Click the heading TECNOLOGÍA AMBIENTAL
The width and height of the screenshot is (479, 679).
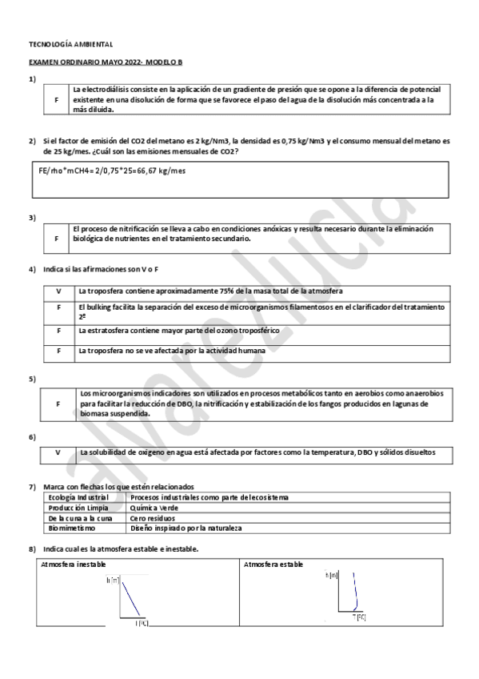pos(70,44)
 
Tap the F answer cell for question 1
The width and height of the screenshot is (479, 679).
pos(56,99)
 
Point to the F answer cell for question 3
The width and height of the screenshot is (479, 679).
pos(56,238)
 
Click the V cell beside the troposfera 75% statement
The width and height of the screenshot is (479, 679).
pos(58,291)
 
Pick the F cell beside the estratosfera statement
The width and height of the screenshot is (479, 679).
pos(58,330)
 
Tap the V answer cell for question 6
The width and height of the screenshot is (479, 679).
pos(58,452)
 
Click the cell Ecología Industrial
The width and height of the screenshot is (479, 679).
pos(73,497)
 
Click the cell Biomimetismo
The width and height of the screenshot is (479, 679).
pos(71,528)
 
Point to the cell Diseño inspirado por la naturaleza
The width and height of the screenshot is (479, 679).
pos(186,528)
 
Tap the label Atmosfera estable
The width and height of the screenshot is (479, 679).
pos(273,564)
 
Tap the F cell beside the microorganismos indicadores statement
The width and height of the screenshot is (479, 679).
pos(58,404)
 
